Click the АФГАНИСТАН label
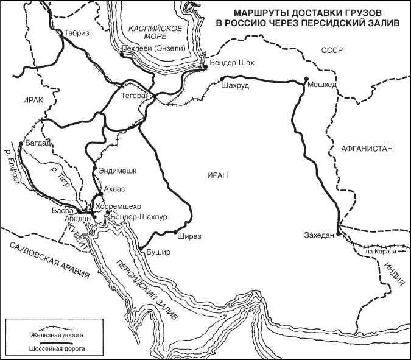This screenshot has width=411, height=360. (x=367, y=148)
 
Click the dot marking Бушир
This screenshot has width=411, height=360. (x=141, y=249)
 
